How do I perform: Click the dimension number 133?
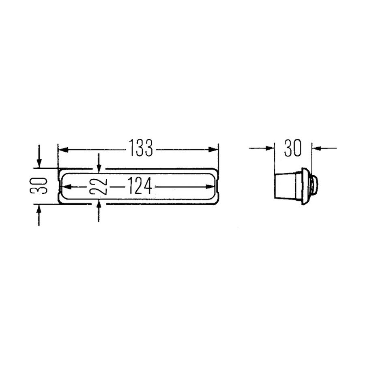pos(141,149)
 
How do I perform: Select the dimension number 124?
pos(140,187)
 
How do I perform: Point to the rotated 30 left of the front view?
pos(42,186)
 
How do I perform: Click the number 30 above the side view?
pos(293,148)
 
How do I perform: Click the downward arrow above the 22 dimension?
pos(99,166)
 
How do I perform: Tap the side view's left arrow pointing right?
pos(269,148)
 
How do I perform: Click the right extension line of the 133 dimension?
pos(219,156)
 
